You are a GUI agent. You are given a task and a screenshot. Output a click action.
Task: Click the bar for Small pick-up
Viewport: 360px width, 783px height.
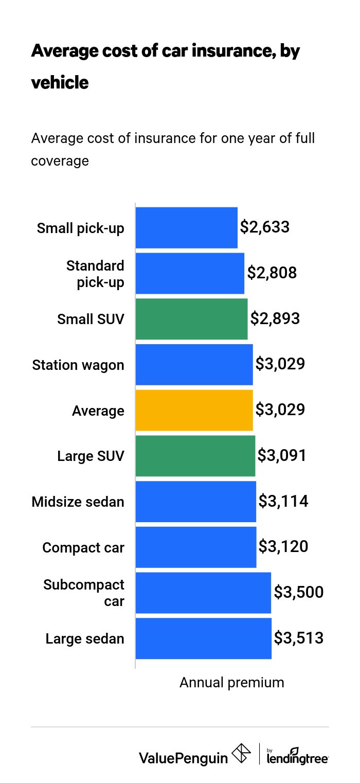(x=186, y=228)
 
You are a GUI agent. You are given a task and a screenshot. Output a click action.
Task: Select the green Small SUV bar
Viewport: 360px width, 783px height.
(x=191, y=319)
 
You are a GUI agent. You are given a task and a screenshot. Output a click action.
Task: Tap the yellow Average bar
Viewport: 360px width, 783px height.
(x=194, y=410)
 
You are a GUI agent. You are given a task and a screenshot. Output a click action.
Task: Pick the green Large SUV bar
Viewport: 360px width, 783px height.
(x=195, y=456)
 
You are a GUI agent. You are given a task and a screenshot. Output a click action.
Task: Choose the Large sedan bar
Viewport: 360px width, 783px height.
(x=203, y=638)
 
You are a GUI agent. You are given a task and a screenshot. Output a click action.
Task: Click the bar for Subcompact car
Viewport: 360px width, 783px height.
(x=203, y=593)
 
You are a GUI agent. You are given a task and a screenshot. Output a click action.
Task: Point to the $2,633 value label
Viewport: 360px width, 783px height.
(x=265, y=227)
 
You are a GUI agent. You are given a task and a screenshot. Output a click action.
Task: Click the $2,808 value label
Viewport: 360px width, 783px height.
(x=272, y=273)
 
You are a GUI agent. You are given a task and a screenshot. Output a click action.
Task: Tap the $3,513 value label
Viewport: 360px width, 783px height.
(x=298, y=638)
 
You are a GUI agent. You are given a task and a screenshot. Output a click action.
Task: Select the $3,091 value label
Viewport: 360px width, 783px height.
(x=282, y=456)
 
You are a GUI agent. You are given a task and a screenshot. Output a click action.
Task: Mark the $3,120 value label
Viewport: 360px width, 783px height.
(x=283, y=547)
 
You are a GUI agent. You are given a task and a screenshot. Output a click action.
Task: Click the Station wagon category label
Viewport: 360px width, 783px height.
(x=78, y=365)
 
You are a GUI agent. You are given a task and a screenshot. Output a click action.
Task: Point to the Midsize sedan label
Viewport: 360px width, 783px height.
(x=78, y=502)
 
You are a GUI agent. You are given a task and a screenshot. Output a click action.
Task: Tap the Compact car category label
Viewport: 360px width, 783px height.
(x=83, y=547)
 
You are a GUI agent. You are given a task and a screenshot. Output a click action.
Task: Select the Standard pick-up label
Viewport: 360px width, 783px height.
(x=96, y=274)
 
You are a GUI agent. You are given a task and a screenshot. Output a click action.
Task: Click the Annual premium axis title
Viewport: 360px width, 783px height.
(x=231, y=683)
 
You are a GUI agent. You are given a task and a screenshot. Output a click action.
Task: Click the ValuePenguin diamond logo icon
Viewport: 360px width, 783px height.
(x=242, y=754)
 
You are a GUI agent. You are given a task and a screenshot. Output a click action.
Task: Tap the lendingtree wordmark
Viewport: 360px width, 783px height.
(x=297, y=757)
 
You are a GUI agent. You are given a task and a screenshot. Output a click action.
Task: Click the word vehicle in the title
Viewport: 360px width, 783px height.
(x=60, y=82)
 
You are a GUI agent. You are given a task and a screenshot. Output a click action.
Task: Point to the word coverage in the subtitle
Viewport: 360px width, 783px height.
(x=60, y=161)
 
